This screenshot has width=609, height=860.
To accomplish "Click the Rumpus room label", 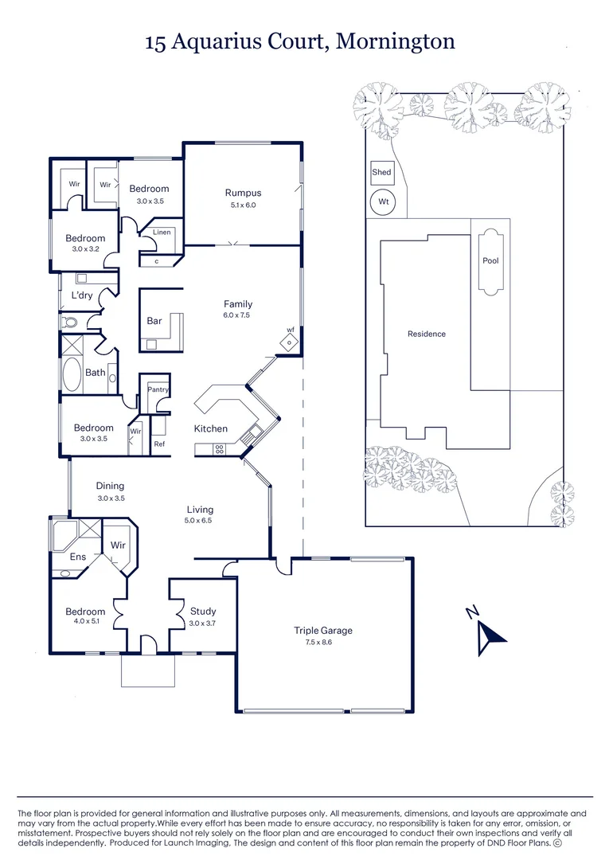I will point(243,193).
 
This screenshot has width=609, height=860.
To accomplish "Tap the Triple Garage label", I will point(323,631).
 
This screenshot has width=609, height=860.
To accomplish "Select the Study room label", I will point(202,612).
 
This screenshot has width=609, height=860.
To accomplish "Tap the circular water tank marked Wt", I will point(383,202).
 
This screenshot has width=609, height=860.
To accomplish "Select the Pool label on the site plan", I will point(490,260).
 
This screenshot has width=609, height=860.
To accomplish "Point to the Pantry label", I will point(158,389).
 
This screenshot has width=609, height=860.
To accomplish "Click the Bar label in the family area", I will point(154,321).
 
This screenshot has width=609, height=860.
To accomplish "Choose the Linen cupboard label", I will point(162,233).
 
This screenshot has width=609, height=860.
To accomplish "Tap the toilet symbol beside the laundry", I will point(70,322).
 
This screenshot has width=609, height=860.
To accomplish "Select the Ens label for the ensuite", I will point(77,557).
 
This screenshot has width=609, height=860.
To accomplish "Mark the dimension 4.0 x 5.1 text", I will point(84,622).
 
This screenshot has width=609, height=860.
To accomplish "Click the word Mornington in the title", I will point(395,41).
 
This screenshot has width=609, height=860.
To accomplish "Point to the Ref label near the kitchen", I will point(159,444).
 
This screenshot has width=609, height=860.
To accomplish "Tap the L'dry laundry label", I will point(83,295).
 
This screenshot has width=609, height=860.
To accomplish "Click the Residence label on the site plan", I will point(427,334).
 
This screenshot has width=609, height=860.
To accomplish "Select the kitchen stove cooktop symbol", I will point(218,450).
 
